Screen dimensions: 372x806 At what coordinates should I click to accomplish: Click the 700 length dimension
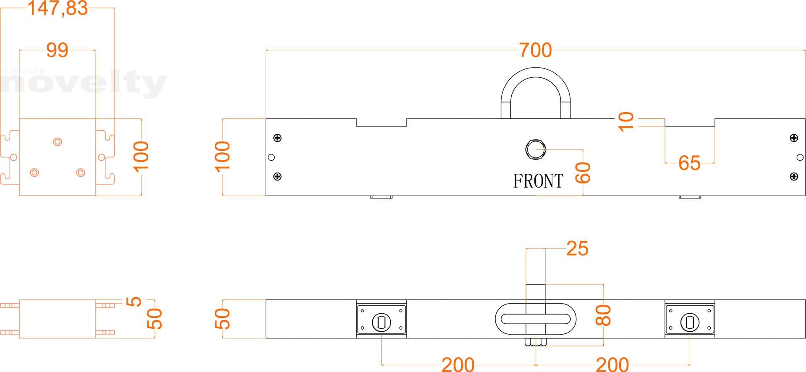pos(535,50)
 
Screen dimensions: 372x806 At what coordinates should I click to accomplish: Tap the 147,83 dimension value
pos(57,8)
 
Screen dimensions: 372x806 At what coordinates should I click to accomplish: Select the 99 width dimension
pos(57,50)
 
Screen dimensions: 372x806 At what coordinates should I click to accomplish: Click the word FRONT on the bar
pos(538,181)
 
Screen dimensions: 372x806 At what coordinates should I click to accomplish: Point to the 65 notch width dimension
pos(689,163)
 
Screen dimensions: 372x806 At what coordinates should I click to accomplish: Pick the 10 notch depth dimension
pos(626,122)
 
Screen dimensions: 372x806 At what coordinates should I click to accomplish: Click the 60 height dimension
pos(583,173)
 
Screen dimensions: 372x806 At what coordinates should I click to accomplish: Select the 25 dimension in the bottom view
pos(577,249)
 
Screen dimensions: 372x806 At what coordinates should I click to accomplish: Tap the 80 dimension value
pos(604,315)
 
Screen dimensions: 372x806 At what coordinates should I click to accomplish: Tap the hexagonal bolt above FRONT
pos(535,149)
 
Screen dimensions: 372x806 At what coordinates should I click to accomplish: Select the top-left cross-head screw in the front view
pos(277,138)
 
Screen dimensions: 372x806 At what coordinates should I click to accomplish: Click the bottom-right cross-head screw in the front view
pos(793,177)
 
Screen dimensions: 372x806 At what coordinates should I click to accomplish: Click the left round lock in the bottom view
pos(381,322)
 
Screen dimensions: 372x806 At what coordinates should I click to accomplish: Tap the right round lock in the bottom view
pos(690,322)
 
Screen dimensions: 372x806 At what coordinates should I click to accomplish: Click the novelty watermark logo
pos(84,84)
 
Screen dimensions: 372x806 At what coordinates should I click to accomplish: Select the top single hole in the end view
pos(58,141)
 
